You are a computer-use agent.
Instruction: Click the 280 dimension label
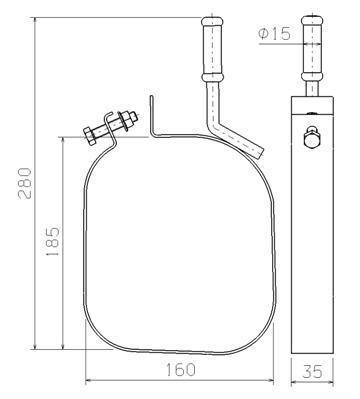tap(25, 183)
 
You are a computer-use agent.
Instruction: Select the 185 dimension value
tap(53, 242)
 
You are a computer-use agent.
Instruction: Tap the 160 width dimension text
tap(180, 370)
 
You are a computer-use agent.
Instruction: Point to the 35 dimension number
tap(312, 371)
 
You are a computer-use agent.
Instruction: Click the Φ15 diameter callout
tap(275, 34)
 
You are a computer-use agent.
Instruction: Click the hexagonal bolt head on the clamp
tap(90, 136)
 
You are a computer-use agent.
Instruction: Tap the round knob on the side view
tap(312, 138)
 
